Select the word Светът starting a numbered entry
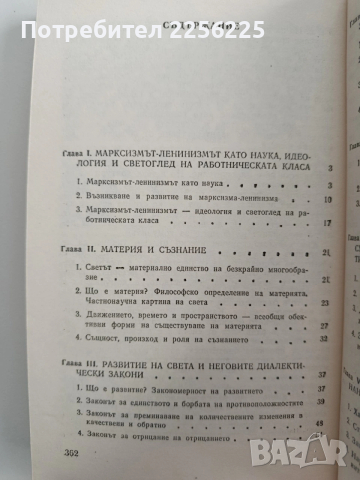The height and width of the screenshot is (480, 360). [120, 244]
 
